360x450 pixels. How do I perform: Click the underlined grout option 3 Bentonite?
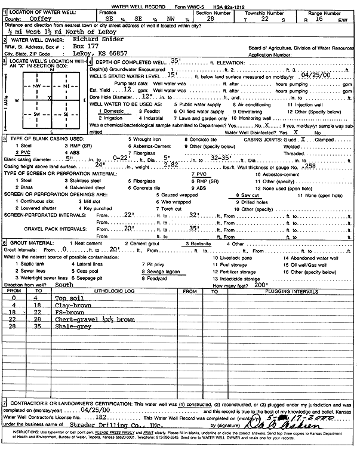[201, 243]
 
